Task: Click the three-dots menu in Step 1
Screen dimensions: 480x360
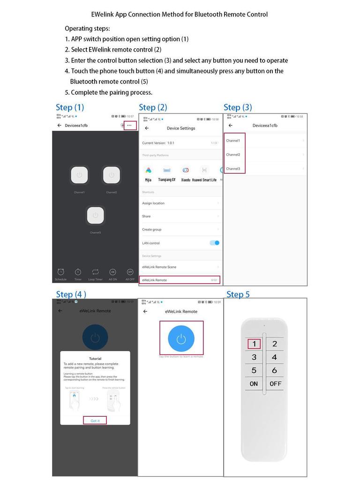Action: [x=129, y=125]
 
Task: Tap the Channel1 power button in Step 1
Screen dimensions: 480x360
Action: [x=79, y=175]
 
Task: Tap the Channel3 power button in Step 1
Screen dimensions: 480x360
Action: [x=95, y=215]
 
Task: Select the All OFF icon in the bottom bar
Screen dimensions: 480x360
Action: [x=130, y=272]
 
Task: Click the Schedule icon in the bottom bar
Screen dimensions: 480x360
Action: [x=60, y=272]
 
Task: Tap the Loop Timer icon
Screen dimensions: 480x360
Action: [x=95, y=272]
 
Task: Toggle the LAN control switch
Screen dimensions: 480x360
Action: [x=214, y=243]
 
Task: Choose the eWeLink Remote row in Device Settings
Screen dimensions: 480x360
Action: [x=180, y=280]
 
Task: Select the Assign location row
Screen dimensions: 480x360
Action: [x=180, y=203]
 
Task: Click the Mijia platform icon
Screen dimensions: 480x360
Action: [x=149, y=171]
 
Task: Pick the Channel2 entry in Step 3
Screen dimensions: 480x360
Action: [x=233, y=154]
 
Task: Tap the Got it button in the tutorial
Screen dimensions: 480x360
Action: [x=95, y=420]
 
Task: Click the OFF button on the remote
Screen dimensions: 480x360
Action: [x=275, y=383]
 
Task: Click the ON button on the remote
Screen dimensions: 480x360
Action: [x=254, y=383]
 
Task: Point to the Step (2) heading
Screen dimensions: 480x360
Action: [x=153, y=107]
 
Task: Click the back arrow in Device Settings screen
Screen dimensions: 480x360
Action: [x=147, y=128]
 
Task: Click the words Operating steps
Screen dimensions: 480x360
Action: [x=87, y=29]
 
